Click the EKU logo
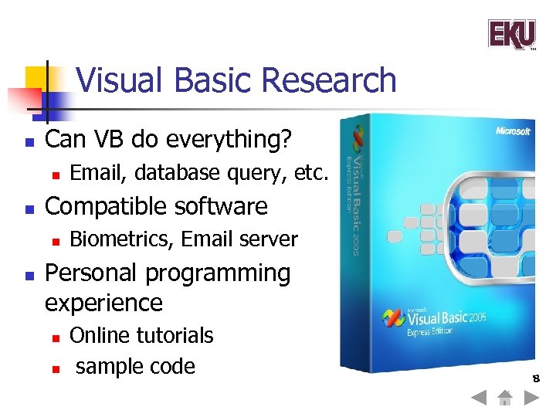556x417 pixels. click(x=511, y=34)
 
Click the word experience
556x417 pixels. click(x=103, y=302)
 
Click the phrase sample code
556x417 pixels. click(x=135, y=366)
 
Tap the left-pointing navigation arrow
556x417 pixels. click(x=479, y=399)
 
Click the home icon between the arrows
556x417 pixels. click(x=504, y=399)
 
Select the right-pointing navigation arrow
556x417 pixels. click(x=531, y=399)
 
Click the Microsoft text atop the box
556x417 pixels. click(x=513, y=131)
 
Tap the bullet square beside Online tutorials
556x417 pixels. click(x=54, y=337)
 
